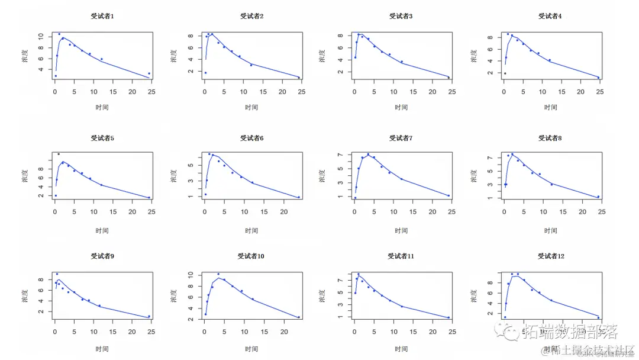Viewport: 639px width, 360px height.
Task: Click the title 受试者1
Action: point(102,17)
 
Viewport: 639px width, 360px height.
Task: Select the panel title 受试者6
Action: point(251,138)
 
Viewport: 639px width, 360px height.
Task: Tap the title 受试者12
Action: point(550,256)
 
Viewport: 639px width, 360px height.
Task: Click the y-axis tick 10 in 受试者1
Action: point(41,36)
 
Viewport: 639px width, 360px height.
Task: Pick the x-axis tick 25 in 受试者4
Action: point(600,92)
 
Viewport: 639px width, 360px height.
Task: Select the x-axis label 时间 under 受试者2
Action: point(251,107)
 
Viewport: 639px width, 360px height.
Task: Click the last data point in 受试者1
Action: point(149,73)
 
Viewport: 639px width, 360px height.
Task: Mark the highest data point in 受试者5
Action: point(59,154)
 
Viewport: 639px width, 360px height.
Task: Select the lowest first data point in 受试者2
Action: point(205,73)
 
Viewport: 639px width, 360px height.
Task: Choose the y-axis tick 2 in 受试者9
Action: point(41,312)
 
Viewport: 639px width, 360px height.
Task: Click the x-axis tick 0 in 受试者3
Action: point(354,92)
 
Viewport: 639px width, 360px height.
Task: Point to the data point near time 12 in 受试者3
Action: point(402,62)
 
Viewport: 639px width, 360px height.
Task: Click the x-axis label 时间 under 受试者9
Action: point(102,349)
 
